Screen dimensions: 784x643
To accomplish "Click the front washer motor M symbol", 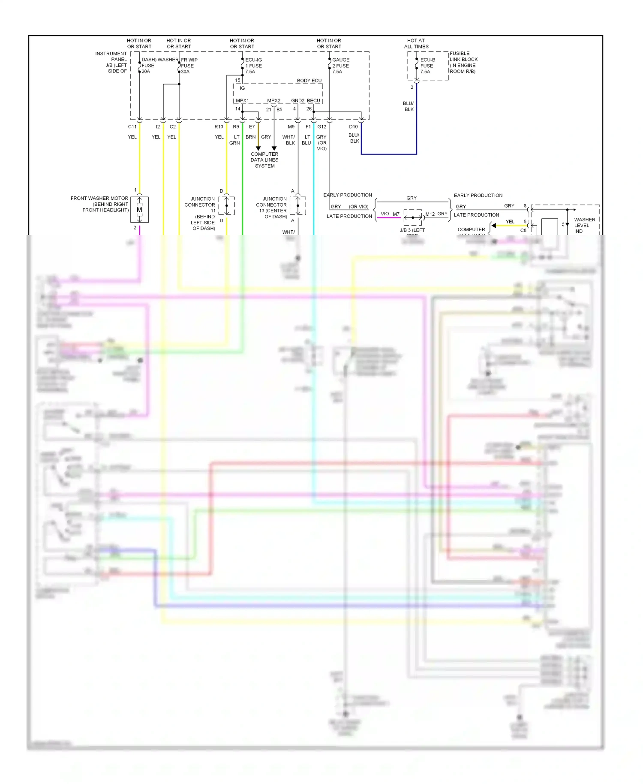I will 139,210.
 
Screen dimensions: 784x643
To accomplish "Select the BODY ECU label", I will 309,81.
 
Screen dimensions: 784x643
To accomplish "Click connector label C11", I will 132,127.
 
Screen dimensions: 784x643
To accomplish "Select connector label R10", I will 219,127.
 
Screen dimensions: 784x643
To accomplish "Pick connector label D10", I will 353,127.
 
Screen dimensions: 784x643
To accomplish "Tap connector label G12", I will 321,127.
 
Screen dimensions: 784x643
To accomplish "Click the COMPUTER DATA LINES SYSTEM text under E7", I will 264,160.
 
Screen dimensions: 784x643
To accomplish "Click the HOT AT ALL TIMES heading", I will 416,43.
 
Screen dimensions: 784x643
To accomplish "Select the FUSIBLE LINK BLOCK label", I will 463,62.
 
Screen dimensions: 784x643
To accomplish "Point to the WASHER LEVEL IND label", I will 584,225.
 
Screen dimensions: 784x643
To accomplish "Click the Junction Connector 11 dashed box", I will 227,205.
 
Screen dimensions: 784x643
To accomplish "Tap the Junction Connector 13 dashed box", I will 298,205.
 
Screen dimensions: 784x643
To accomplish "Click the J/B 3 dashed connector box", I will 413,217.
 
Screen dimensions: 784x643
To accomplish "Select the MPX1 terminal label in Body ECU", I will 242,101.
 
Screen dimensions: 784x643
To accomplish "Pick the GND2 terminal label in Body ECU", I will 297,101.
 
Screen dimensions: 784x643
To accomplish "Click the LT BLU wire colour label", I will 306,140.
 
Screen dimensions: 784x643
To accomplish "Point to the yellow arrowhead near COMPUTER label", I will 494,226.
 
